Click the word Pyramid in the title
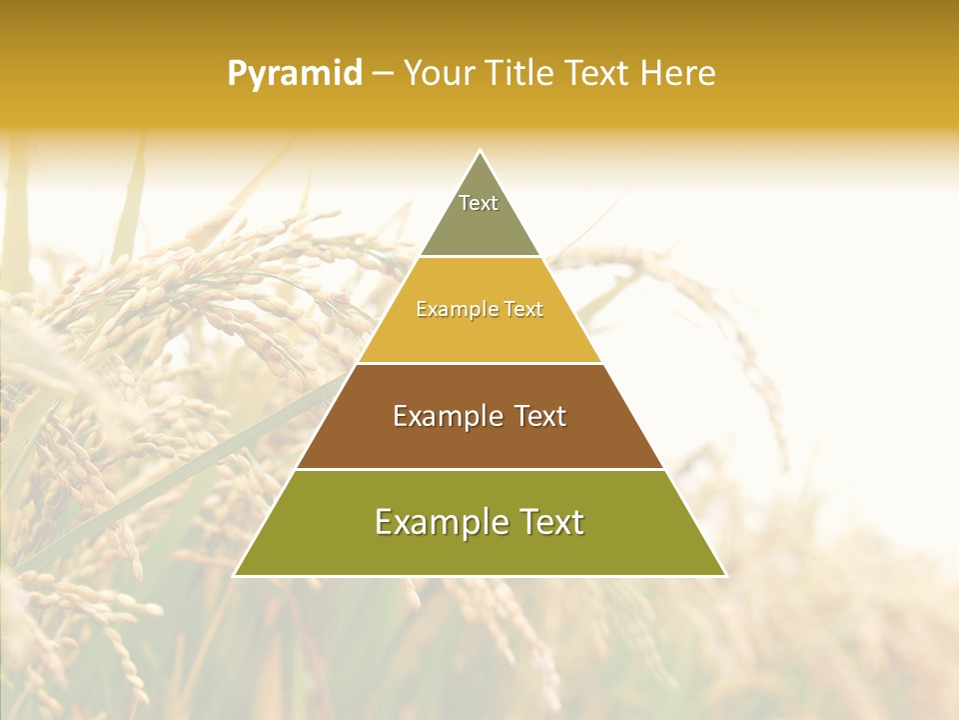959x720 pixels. point(295,74)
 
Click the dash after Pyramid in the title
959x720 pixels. point(383,74)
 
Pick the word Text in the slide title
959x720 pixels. point(599,74)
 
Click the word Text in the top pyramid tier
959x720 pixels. point(479,203)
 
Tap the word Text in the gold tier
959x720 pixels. point(523,310)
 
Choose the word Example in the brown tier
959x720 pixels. point(446,416)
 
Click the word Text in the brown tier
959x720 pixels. point(540,416)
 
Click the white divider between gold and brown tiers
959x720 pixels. point(480,363)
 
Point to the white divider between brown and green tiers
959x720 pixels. point(480,469)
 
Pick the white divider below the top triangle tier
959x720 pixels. point(480,257)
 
